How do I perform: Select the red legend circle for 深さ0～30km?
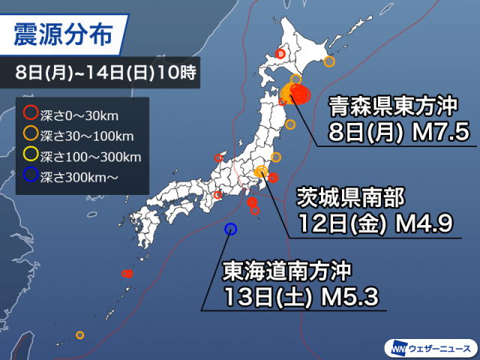tap(31, 115)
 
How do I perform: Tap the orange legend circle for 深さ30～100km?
tap(31, 135)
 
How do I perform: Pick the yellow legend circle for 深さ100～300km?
tap(31, 156)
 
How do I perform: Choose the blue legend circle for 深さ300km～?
tap(31, 177)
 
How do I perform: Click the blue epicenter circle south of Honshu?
tap(230, 229)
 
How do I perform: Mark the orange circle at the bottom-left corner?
tap(80, 335)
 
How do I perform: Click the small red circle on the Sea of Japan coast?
tap(219, 157)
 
